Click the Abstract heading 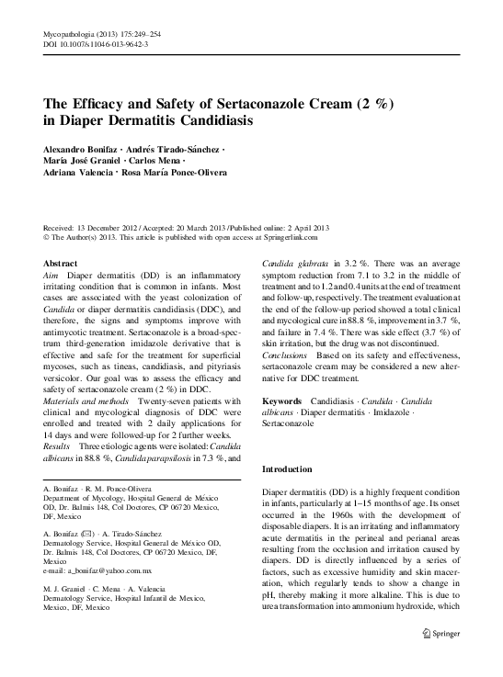pos(60,264)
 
